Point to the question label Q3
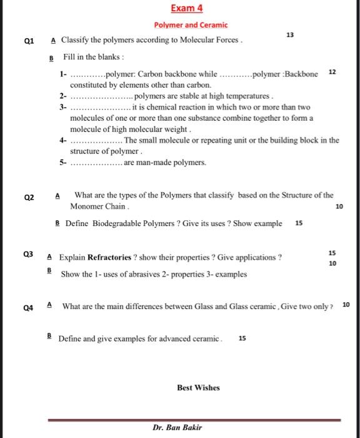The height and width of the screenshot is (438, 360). pos(27,255)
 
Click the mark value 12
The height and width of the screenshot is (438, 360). pos(332,73)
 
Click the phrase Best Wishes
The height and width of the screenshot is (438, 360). pos(198,388)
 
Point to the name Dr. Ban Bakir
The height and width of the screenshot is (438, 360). pos(177,428)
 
